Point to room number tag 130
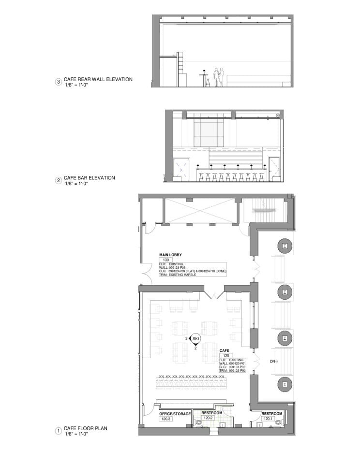167,259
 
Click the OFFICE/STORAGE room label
175,414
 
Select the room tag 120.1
268,419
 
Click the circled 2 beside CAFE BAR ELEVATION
58,181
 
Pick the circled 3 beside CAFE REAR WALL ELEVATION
58,82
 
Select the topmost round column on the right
285,246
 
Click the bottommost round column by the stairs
285,385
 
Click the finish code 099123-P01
238,363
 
